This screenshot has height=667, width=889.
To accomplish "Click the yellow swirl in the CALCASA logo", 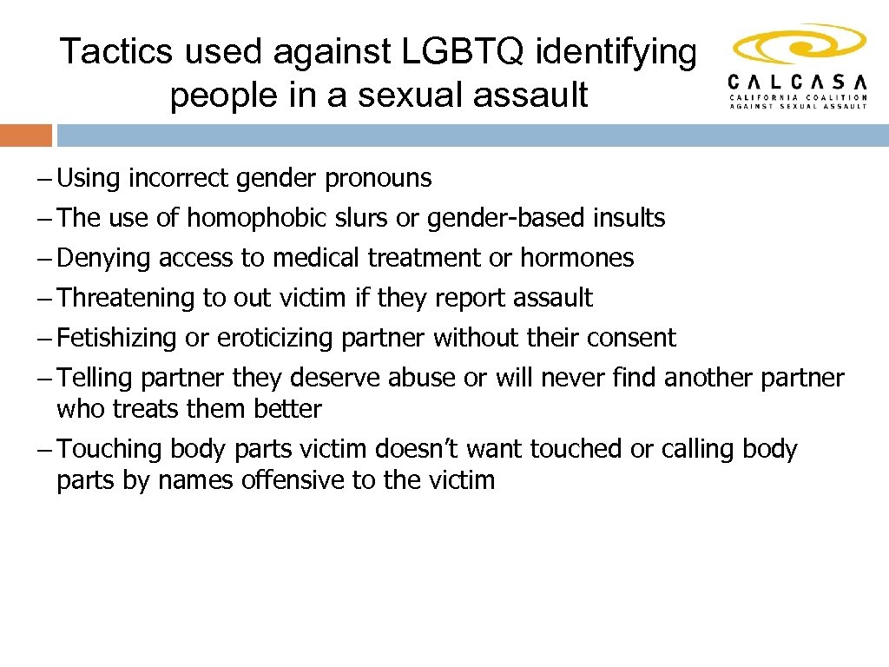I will tap(799, 44).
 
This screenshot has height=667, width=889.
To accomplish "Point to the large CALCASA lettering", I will tap(797, 82).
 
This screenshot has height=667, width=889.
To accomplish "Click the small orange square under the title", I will tap(26, 135).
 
